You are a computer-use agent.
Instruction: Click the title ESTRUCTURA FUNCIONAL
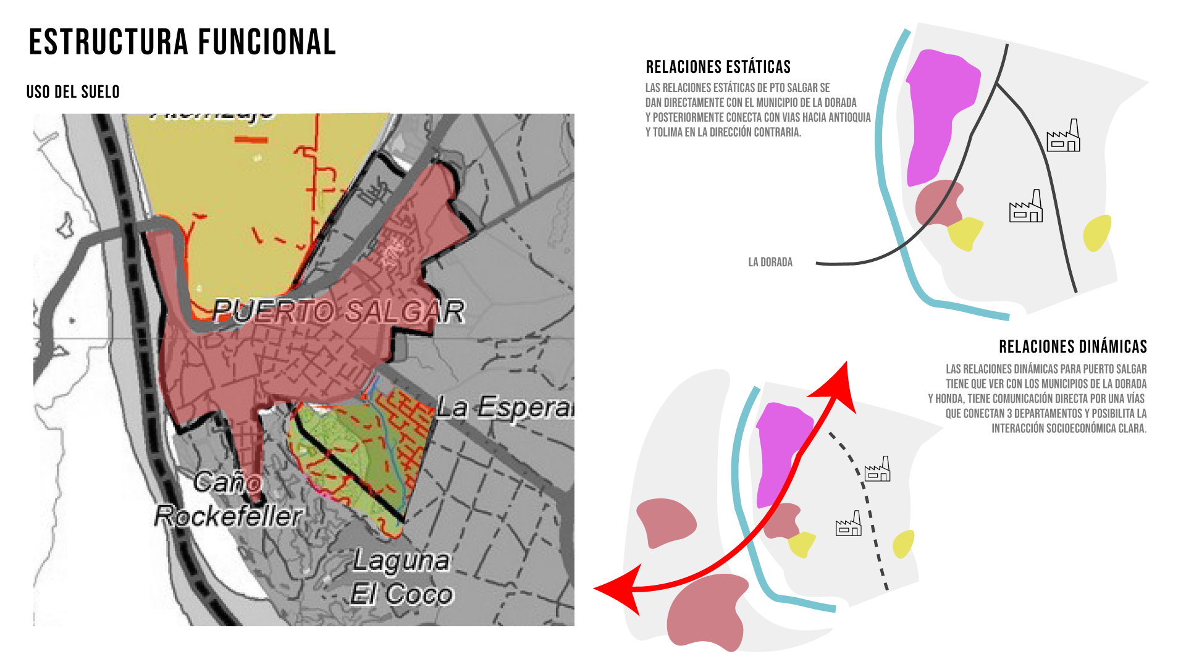pyautogui.click(x=182, y=42)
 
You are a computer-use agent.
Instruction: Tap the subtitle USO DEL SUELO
pyautogui.click(x=73, y=92)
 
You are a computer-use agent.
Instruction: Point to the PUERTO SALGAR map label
pyautogui.click(x=339, y=311)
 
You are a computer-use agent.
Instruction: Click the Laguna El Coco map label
pyautogui.click(x=402, y=577)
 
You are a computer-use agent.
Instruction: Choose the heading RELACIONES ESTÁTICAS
pyautogui.click(x=718, y=67)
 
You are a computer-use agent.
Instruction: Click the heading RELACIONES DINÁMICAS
pyautogui.click(x=1072, y=346)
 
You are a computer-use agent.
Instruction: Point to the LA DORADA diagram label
pyautogui.click(x=770, y=262)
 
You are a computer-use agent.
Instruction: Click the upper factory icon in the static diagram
pyautogui.click(x=1063, y=136)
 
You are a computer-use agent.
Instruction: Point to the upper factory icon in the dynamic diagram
pyautogui.click(x=878, y=470)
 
